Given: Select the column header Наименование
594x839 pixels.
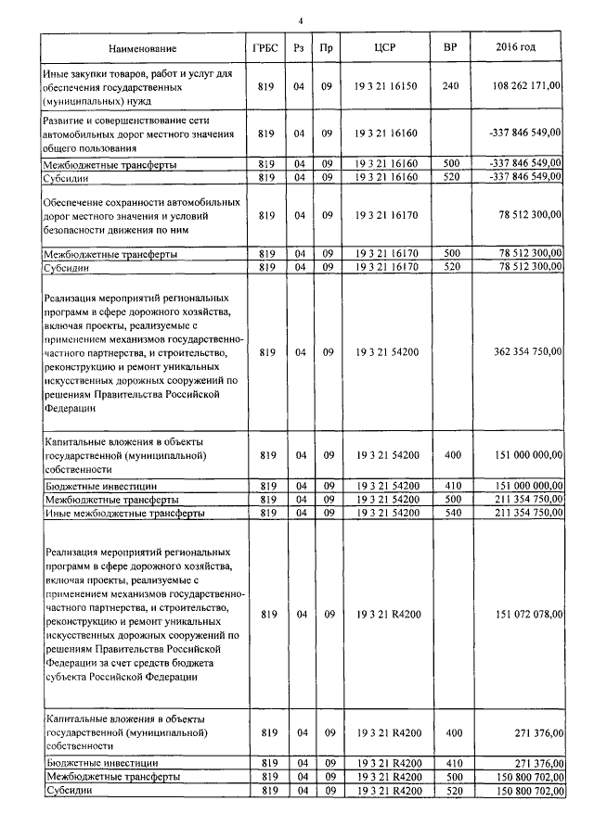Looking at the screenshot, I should [141, 47].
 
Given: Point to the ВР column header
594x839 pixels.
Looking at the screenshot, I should [450, 47].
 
